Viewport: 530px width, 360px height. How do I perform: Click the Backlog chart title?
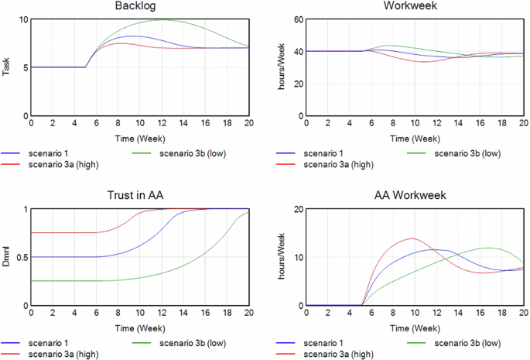139,6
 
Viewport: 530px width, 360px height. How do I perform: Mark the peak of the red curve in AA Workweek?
411,238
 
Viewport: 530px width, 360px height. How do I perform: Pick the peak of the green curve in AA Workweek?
489,248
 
